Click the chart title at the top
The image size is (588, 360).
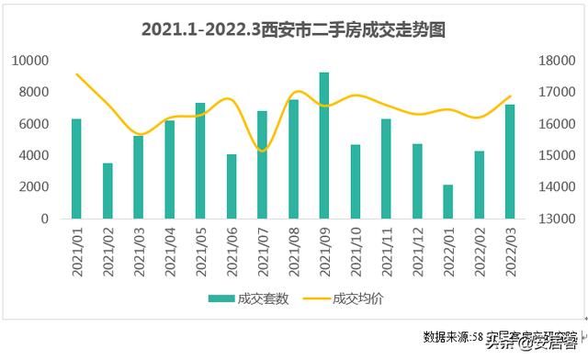click(x=293, y=29)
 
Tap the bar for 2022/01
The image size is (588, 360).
click(x=448, y=202)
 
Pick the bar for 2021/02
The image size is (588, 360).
click(x=107, y=191)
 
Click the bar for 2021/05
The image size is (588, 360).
click(x=200, y=161)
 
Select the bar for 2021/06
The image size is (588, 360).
click(x=232, y=186)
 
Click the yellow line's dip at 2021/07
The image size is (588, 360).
click(x=262, y=151)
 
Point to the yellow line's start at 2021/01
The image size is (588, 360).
click(x=76, y=74)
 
